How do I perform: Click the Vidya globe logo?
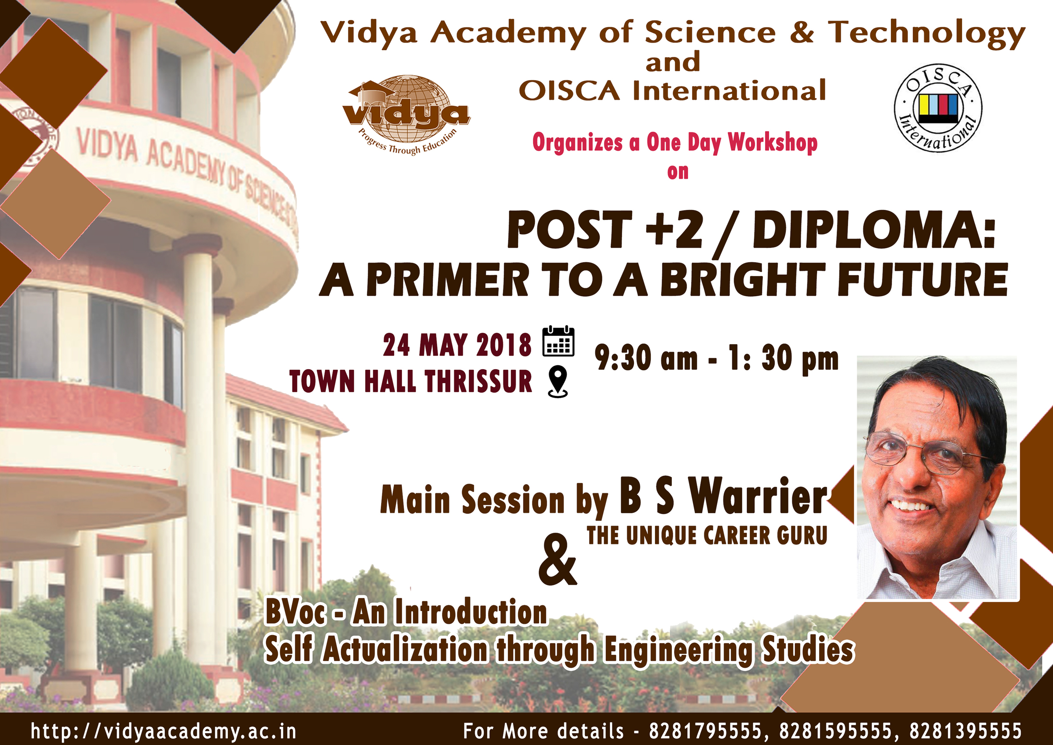pos(406,115)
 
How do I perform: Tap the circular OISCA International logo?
pos(938,108)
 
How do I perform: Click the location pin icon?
pos(558,381)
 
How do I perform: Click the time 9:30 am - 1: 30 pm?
pos(716,359)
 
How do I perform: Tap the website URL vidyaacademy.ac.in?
pos(163,731)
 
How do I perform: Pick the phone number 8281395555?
pos(966,730)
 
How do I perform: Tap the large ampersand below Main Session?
pos(557,559)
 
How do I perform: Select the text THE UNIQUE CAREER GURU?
pos(707,535)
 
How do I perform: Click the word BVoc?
pos(296,612)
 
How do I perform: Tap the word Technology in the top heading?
pos(926,33)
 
